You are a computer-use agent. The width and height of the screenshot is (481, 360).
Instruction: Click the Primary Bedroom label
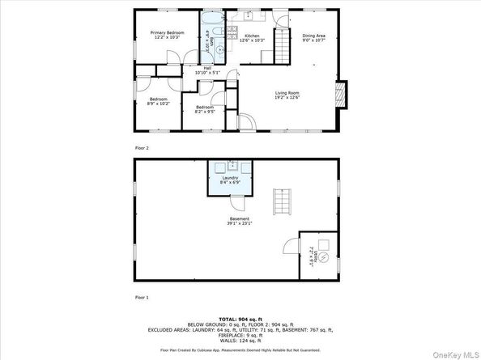tap(164, 35)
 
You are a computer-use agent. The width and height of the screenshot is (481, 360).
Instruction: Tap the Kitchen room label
tap(252, 38)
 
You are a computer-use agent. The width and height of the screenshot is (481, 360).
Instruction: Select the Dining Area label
tap(314, 38)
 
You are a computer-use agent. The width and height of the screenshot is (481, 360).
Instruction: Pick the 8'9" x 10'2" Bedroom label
tap(157, 101)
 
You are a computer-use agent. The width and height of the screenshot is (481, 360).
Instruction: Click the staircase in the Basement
tap(282, 201)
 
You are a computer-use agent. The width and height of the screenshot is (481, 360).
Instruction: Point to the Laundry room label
tap(230, 180)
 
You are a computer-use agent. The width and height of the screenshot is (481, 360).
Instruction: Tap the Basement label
tap(240, 221)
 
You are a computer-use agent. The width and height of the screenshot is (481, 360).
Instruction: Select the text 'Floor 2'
tap(141, 148)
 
